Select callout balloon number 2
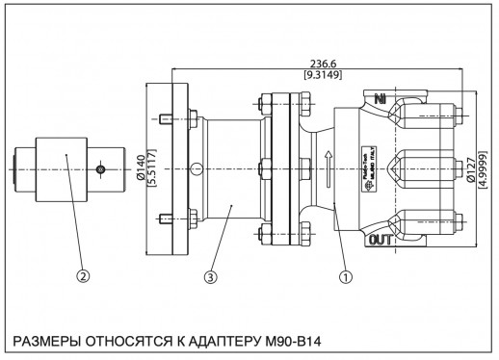coord(84,275)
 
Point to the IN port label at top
coord(381,99)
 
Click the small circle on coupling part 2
coord(101,169)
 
